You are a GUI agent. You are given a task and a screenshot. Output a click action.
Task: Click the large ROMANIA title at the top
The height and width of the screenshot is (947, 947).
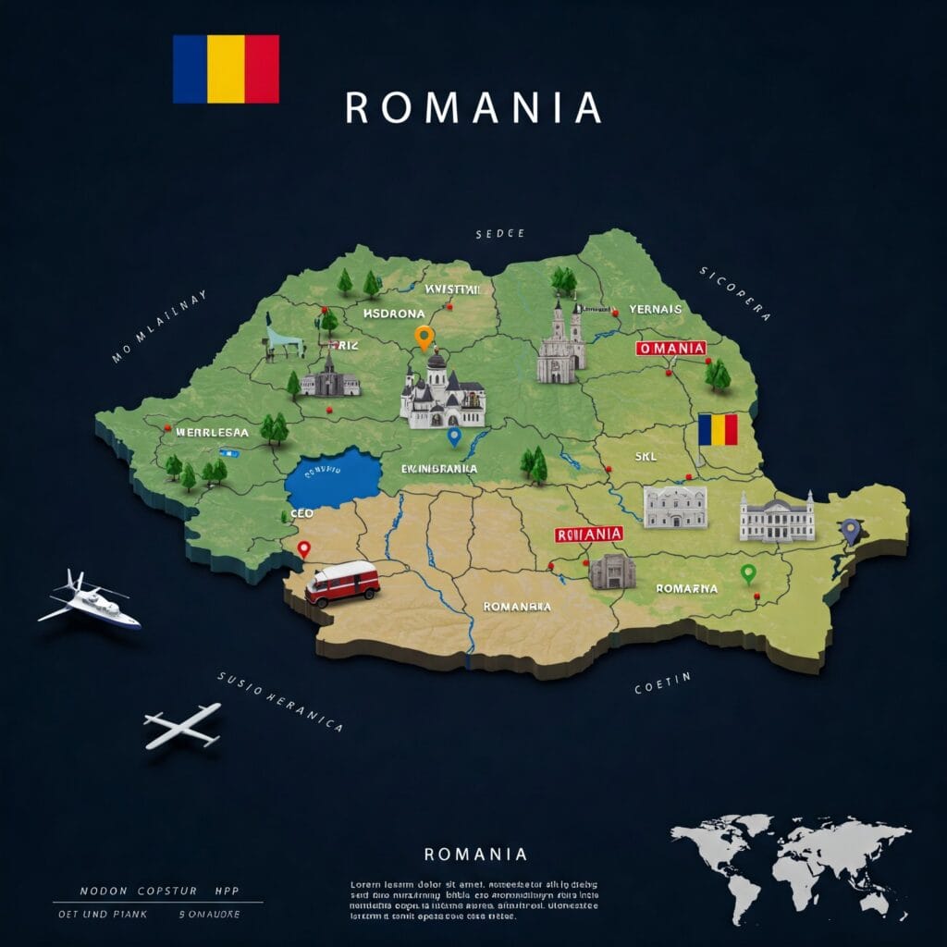point(473,108)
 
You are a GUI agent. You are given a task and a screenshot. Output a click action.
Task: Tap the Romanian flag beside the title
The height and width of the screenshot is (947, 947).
point(226,68)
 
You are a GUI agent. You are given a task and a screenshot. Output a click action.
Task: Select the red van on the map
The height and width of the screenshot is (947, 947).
point(342,583)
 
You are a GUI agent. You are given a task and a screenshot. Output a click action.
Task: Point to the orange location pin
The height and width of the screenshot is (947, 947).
point(424,338)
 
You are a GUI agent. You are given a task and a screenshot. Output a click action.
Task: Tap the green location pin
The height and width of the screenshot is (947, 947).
point(749,573)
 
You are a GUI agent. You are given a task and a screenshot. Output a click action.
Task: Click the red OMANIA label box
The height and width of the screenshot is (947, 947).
point(671,349)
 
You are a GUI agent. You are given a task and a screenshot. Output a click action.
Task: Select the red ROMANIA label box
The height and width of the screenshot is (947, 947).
point(588,534)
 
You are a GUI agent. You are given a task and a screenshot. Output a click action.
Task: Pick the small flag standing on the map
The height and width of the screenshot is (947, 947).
point(718,429)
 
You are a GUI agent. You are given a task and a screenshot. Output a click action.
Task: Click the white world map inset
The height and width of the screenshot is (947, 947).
point(790,864)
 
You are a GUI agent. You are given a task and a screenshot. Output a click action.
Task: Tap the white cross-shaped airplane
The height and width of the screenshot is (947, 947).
point(182,726)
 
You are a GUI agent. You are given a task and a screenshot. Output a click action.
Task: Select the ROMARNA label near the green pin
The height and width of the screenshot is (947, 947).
point(686,587)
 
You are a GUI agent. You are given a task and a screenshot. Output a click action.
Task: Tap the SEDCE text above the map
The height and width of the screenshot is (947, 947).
point(499,234)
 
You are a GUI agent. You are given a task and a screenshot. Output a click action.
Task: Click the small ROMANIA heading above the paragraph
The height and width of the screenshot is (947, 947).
point(475,854)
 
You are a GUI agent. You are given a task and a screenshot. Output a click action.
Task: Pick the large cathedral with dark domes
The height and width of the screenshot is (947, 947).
point(442,393)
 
